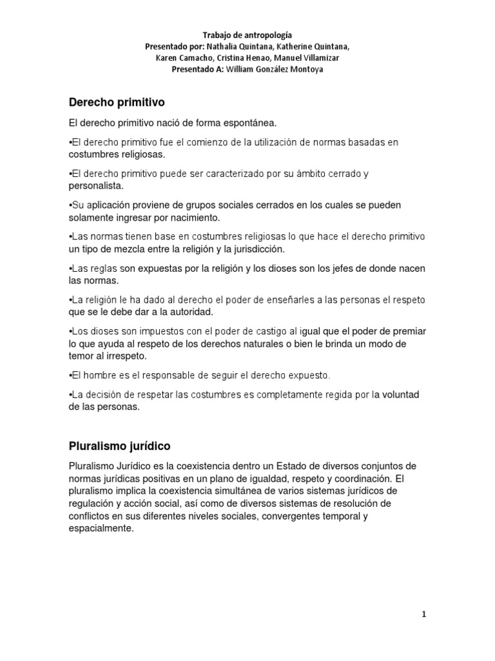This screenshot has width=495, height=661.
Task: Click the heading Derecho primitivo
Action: click(x=117, y=102)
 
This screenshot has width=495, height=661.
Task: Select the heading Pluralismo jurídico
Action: click(x=120, y=446)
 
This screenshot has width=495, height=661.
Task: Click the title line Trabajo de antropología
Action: click(x=247, y=36)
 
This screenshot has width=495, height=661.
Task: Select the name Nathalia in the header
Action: click(x=228, y=47)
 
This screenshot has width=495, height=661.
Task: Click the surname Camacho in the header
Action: click(x=199, y=58)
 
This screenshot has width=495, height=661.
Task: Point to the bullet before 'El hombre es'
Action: click(x=70, y=375)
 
